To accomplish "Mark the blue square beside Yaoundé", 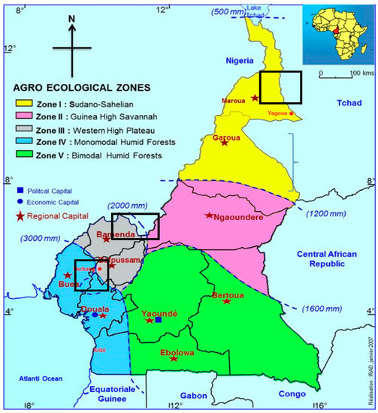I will pos(158,320).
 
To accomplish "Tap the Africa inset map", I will pos(336,35).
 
